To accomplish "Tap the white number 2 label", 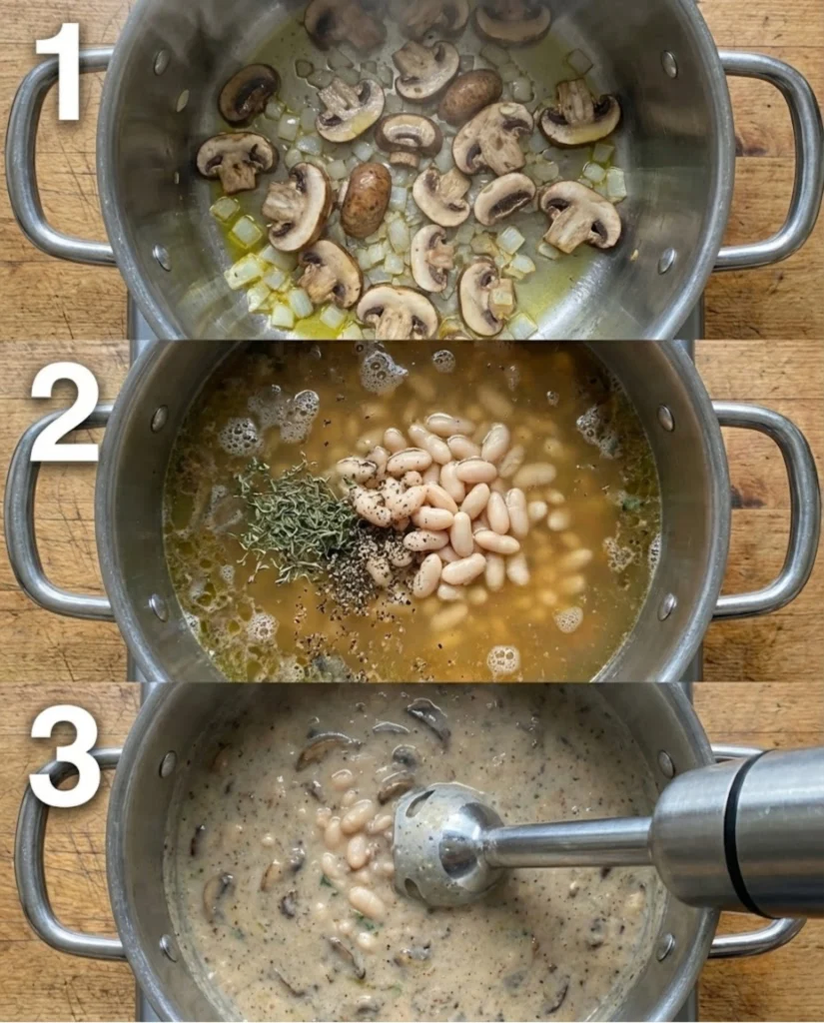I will point(65,412).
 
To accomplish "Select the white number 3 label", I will point(65,756).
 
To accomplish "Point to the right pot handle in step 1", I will point(774,160).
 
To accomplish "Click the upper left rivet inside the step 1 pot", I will point(161,62).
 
